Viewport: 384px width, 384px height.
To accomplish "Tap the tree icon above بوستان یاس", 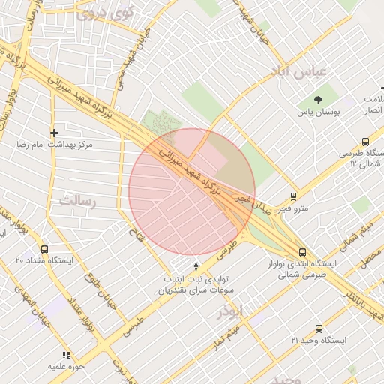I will click(319, 99).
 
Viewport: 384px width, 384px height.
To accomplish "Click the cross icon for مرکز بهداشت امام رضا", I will click(54, 133).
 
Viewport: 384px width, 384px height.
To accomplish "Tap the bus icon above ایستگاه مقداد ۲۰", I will click(44, 249).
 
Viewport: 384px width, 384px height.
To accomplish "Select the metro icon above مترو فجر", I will click(293, 197).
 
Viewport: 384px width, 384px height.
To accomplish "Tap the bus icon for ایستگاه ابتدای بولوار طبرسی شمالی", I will click(302, 253).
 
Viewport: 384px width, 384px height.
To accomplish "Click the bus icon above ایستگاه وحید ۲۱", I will click(319, 328).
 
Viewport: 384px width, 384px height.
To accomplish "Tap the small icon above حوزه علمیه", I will click(66, 354).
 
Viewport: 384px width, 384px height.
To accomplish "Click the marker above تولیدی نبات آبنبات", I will click(196, 266).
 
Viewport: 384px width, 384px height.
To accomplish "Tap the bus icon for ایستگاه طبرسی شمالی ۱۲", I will click(365, 142).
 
